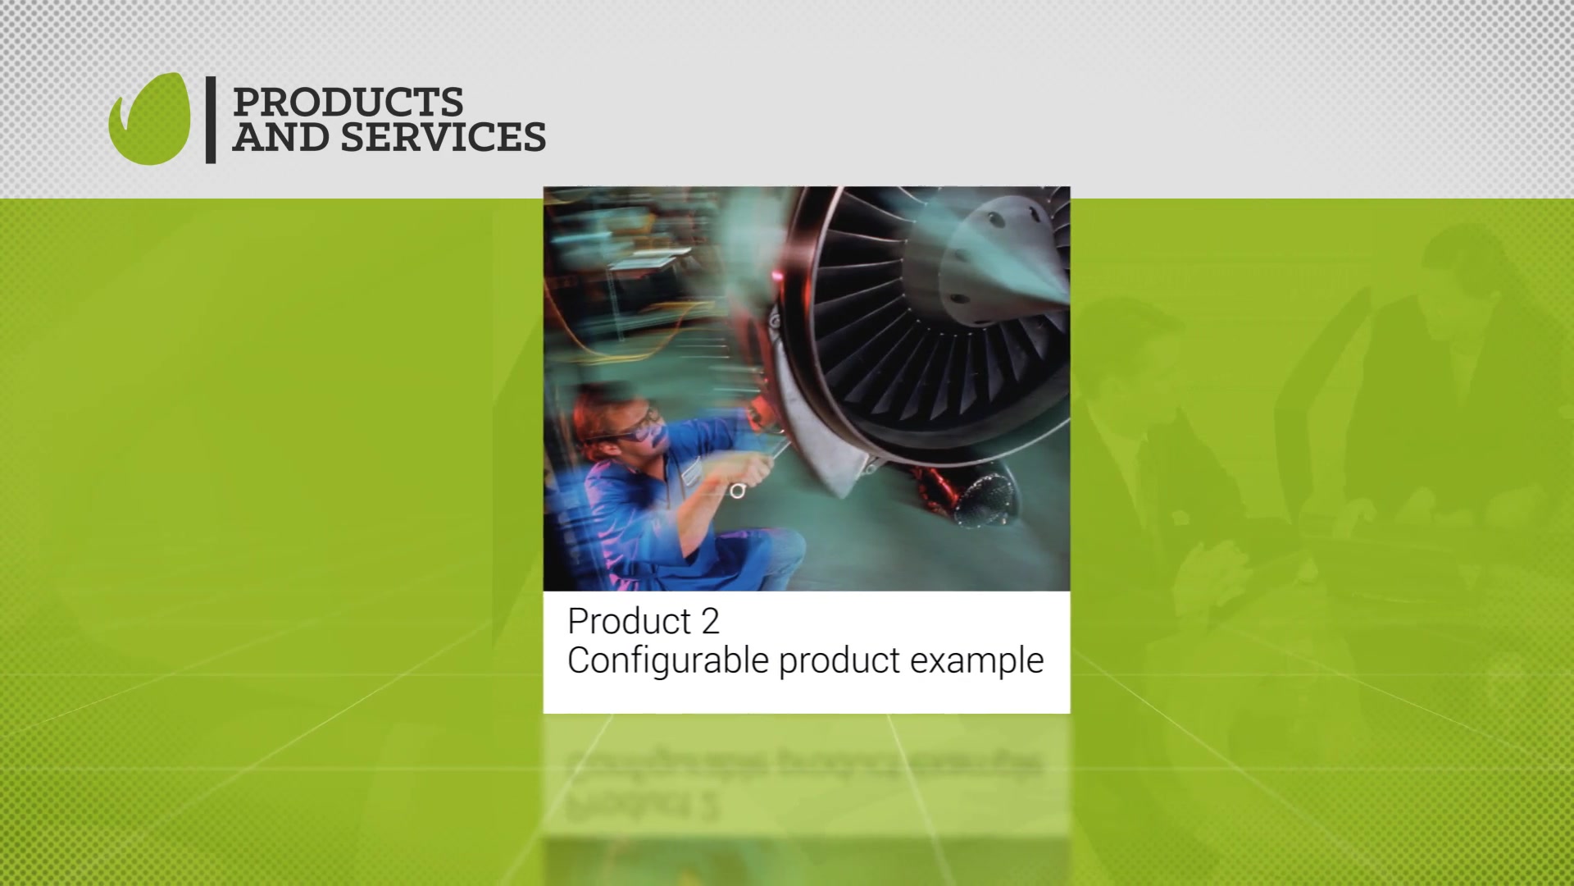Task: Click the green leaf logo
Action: tap(150, 120)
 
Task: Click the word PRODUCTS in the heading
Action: tap(348, 103)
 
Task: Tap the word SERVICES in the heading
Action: tap(443, 137)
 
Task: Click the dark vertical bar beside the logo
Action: tap(211, 120)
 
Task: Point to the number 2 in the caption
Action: tap(710, 622)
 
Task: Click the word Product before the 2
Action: tap(629, 622)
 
